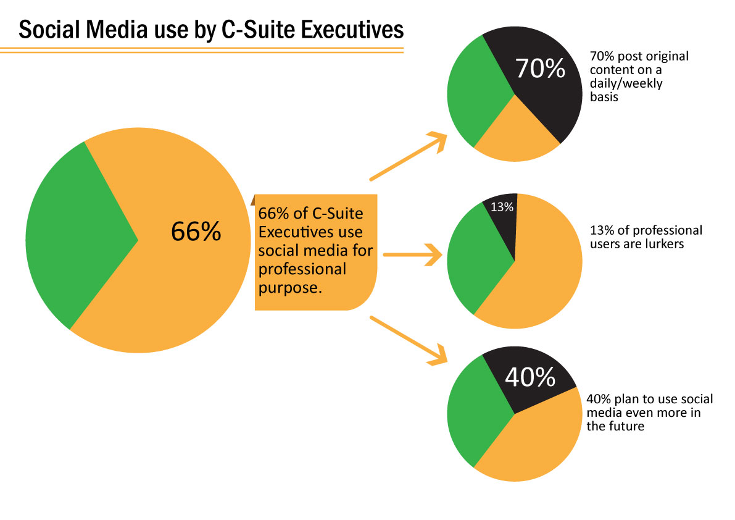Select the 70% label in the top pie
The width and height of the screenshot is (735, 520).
click(x=540, y=69)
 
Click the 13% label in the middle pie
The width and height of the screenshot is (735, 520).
click(x=502, y=208)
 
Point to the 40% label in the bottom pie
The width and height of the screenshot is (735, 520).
click(x=529, y=377)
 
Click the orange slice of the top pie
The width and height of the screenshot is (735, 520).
click(x=515, y=136)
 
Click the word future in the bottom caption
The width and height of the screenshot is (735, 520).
click(x=625, y=427)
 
